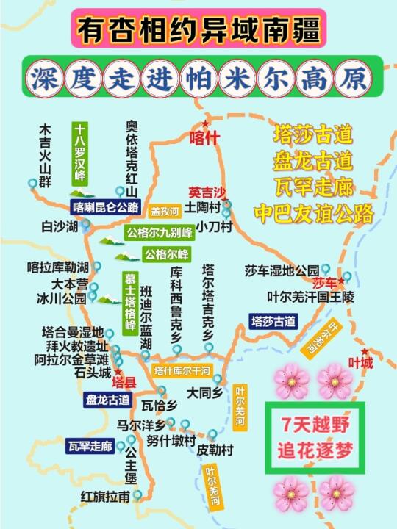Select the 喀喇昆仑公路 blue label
[x=106, y=207]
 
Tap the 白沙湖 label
[x=60, y=227]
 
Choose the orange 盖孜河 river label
[x=165, y=211]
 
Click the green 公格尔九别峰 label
[x=159, y=234]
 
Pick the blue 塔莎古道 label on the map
[x=273, y=321]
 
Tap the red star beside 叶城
[x=364, y=351]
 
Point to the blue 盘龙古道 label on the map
[x=108, y=400]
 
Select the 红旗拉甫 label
[x=106, y=497]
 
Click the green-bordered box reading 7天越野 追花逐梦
[x=315, y=436]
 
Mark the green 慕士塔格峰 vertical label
[x=129, y=301]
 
